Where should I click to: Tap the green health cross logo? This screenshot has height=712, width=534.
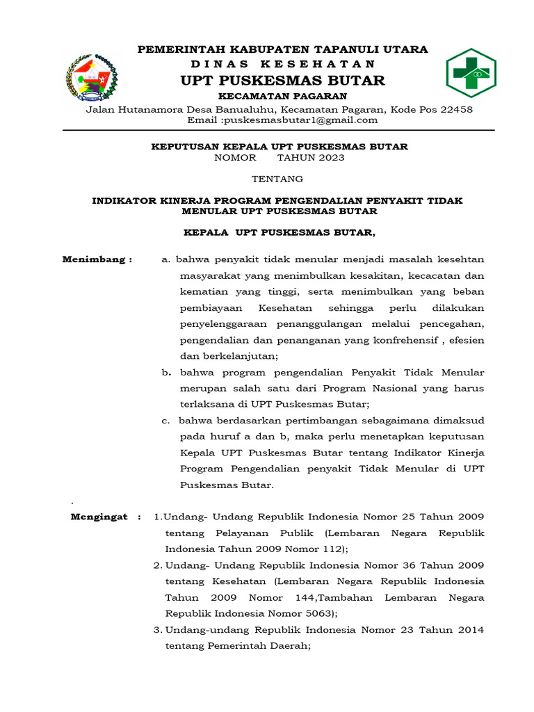pos(471,73)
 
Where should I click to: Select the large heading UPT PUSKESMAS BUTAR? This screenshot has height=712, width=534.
pos(282,81)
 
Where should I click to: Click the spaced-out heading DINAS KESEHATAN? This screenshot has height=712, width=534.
pos(282,63)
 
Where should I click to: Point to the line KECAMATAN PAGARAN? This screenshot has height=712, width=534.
pos(282,96)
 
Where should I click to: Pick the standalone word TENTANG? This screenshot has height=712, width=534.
pos(277,179)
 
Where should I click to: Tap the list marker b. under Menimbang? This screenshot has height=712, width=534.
pos(166,373)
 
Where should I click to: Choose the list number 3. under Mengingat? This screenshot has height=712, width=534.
pos(158,629)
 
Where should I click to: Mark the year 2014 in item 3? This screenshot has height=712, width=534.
pos(468,629)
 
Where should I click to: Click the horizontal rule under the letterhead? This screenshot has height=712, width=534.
pos(278,130)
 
